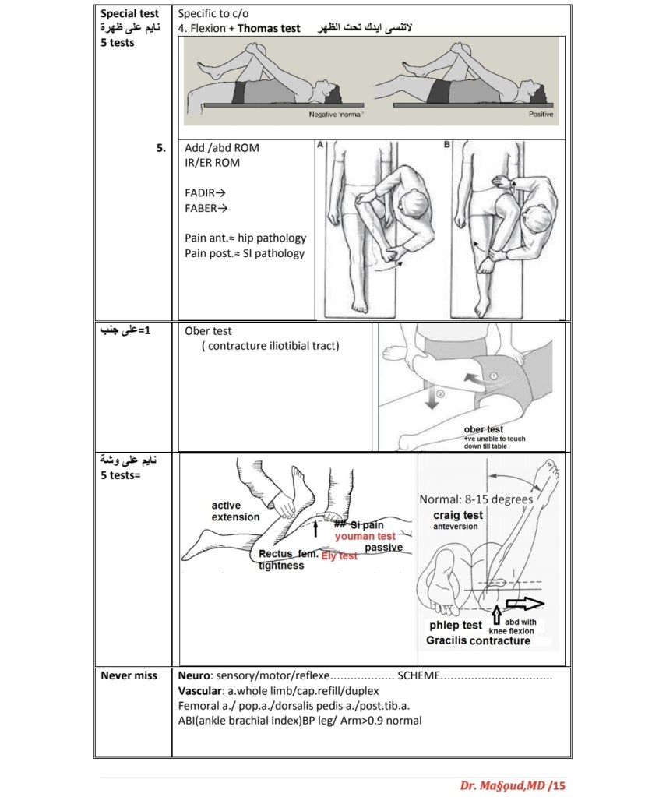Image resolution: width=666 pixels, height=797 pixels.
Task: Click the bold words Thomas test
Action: [270, 28]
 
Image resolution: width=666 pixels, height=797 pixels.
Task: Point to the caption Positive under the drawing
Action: [540, 115]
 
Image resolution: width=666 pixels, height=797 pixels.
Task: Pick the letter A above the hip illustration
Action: [320, 145]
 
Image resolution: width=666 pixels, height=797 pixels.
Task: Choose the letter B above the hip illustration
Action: [446, 145]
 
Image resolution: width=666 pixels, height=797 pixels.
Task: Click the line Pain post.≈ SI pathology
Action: [245, 253]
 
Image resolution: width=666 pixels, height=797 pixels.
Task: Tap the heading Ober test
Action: [208, 330]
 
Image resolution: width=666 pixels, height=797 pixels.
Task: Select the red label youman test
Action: [365, 536]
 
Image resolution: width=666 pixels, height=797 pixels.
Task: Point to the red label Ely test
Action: [339, 556]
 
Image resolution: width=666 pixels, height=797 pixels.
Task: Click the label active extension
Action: [235, 511]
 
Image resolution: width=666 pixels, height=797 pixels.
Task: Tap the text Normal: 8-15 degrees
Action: [476, 499]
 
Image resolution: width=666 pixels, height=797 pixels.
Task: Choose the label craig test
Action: [458, 515]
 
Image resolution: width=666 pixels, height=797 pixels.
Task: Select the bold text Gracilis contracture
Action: [477, 640]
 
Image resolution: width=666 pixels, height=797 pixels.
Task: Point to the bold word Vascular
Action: [201, 690]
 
